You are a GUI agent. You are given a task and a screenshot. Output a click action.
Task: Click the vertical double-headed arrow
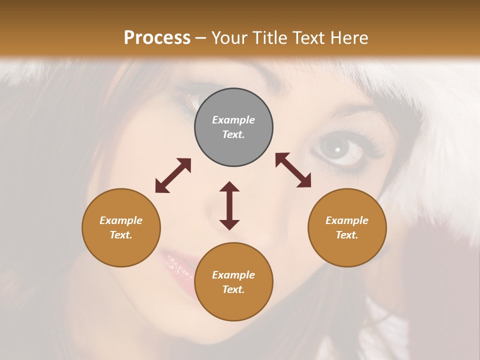(229, 205)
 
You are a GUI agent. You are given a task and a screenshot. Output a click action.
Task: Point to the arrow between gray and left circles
(173, 175)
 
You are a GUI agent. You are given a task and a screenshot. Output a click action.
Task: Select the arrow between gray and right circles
(293, 170)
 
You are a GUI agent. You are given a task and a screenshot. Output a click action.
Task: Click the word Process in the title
(157, 38)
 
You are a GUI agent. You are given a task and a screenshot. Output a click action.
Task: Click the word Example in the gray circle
(233, 120)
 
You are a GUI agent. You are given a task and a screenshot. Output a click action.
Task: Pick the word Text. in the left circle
(121, 235)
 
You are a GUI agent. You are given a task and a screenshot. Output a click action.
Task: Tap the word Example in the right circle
(347, 220)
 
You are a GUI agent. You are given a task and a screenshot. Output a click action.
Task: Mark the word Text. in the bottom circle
(233, 289)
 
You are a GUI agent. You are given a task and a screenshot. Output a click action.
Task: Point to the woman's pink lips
(175, 265)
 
